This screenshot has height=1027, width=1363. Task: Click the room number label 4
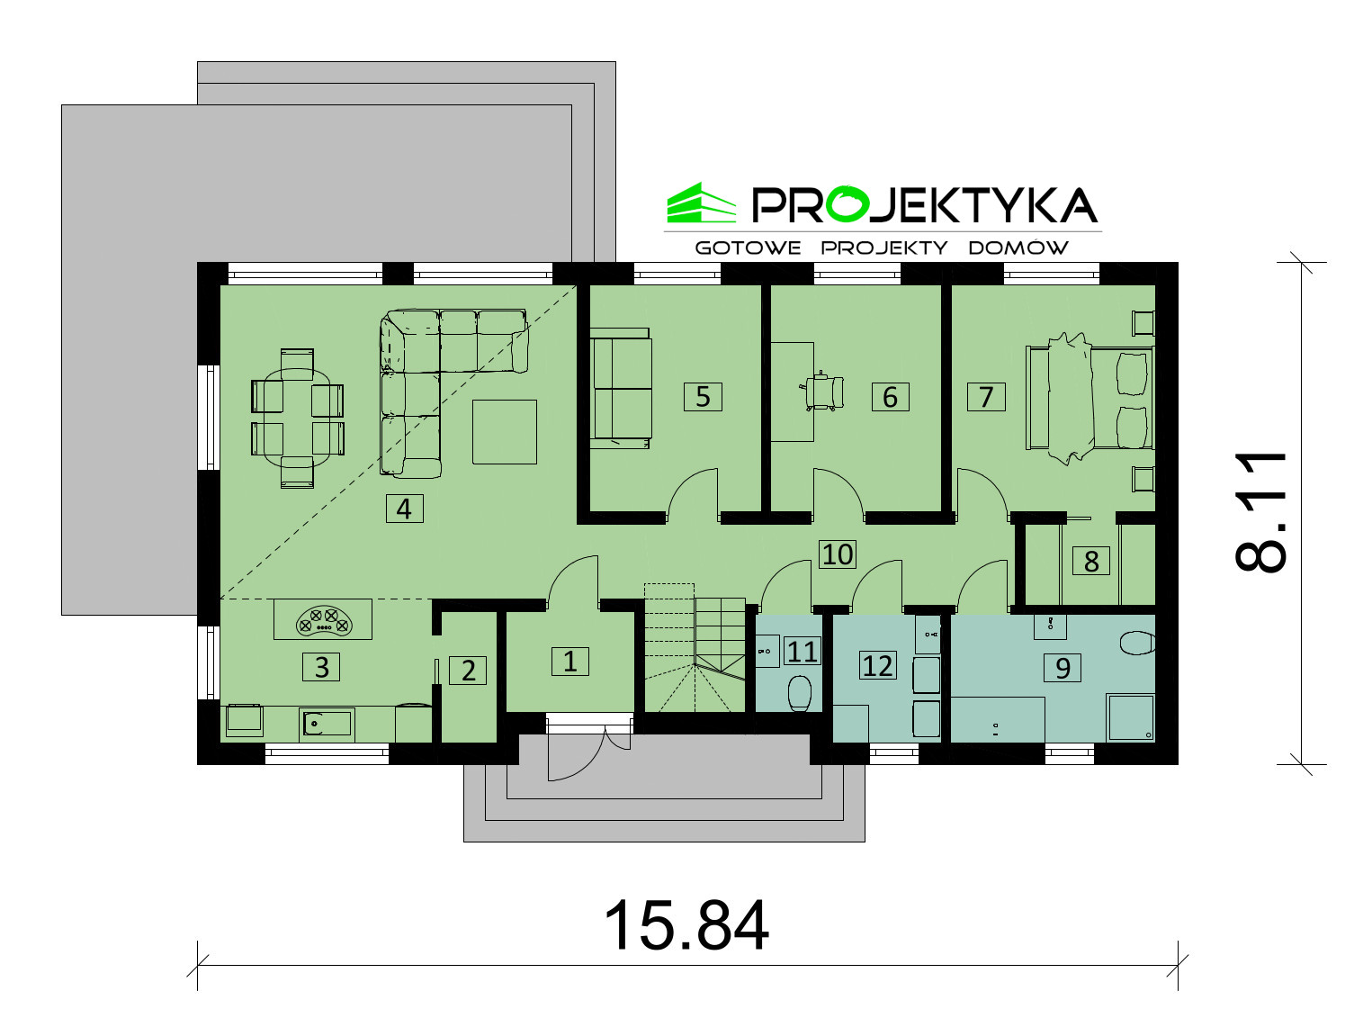[x=404, y=509]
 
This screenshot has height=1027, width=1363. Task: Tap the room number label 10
[x=838, y=554]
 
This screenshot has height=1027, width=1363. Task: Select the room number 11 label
[x=802, y=652]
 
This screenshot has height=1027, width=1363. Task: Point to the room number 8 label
[x=1091, y=561]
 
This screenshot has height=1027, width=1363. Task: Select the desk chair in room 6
[x=824, y=391]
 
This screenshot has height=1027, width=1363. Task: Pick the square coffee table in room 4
[x=504, y=431]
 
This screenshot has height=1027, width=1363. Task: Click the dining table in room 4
[x=298, y=417]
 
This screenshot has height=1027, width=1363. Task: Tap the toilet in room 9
[x=1137, y=643]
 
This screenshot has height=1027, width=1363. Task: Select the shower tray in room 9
[x=1132, y=717]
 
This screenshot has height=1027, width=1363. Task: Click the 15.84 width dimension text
[x=686, y=925]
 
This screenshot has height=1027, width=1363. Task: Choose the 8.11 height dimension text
[x=1260, y=512]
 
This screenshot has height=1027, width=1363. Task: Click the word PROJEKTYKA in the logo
[x=925, y=205]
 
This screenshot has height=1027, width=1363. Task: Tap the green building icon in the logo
[x=701, y=203]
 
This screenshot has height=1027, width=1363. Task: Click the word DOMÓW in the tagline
[x=1018, y=248]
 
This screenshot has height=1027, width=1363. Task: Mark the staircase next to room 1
[x=695, y=648]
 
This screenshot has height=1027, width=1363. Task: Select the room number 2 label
[x=469, y=671]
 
